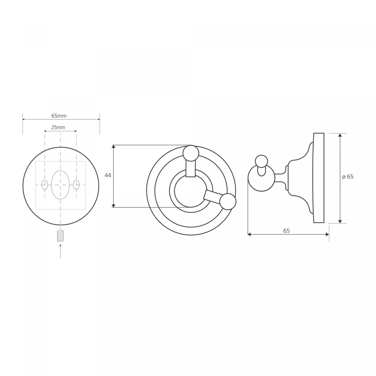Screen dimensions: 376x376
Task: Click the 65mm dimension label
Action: pos(59,116)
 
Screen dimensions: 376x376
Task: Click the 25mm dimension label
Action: pos(58,127)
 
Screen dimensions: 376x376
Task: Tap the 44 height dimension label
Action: pos(108,175)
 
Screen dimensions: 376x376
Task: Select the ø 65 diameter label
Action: pos(348,177)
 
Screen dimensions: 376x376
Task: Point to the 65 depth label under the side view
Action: pos(287,231)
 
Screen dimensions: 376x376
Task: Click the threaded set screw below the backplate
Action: pos(60,236)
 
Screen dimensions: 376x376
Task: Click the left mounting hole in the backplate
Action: pos(45,185)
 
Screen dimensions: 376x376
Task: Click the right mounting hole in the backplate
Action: pos(76,185)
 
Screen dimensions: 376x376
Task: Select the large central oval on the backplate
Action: pos(60,185)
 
